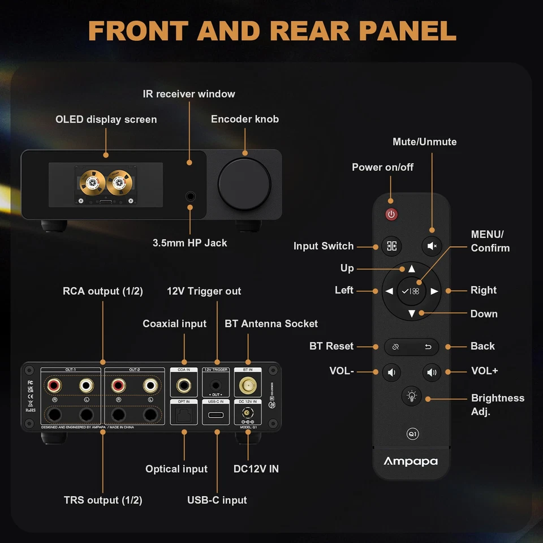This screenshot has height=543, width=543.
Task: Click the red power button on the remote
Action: tap(391, 214)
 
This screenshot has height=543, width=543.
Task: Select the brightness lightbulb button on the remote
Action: tap(411, 396)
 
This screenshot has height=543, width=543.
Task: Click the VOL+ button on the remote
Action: tap(432, 372)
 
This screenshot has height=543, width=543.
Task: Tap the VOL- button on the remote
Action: tap(391, 372)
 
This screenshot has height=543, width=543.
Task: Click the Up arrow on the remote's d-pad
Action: tap(411, 269)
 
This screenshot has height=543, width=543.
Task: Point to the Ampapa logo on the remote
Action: tap(411, 461)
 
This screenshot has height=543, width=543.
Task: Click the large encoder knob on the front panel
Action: tap(244, 184)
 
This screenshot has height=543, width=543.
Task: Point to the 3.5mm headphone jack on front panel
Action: tap(191, 197)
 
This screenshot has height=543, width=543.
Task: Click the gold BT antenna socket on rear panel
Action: tap(248, 386)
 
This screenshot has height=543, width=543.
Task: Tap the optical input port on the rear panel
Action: tap(184, 416)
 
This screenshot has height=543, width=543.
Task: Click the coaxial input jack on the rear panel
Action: tap(184, 386)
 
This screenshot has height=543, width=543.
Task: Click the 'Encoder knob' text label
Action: tap(244, 119)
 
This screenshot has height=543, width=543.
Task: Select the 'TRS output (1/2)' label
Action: tap(103, 500)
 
